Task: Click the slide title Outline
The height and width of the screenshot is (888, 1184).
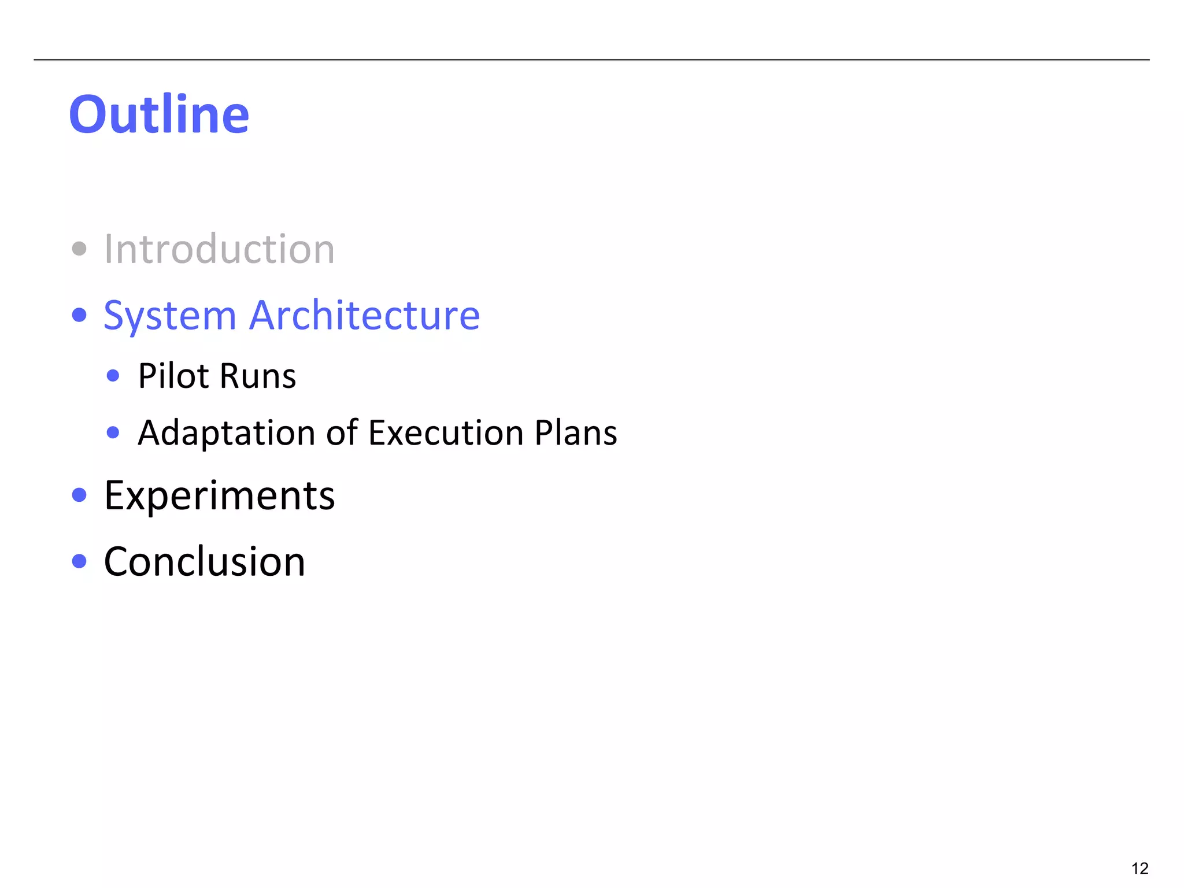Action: pos(159,114)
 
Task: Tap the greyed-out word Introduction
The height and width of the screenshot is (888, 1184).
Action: pos(219,250)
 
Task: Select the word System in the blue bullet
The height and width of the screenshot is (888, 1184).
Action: pos(170,316)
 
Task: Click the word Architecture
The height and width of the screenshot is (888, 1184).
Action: pos(364,316)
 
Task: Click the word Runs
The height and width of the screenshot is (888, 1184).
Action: pos(258,376)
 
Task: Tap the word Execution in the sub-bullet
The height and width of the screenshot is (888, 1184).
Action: pos(446,433)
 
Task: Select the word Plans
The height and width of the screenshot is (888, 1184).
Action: pos(576,433)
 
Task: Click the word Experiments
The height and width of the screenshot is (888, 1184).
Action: pos(219,496)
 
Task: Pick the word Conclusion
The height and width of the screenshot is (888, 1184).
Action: pos(204,562)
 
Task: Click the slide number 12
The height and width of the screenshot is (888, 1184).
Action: pos(1139,868)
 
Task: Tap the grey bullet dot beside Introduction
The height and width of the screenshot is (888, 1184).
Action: pos(79,249)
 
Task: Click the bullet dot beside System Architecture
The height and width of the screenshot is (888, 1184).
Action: pos(79,316)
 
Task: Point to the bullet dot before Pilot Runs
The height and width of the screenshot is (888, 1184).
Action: pos(113,376)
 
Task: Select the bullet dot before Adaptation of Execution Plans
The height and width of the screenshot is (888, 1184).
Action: pos(113,432)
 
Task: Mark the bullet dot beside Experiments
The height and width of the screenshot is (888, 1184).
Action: pos(79,495)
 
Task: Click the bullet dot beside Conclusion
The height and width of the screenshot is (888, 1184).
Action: pos(79,561)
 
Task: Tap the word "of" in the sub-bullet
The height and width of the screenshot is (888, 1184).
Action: pos(342,433)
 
